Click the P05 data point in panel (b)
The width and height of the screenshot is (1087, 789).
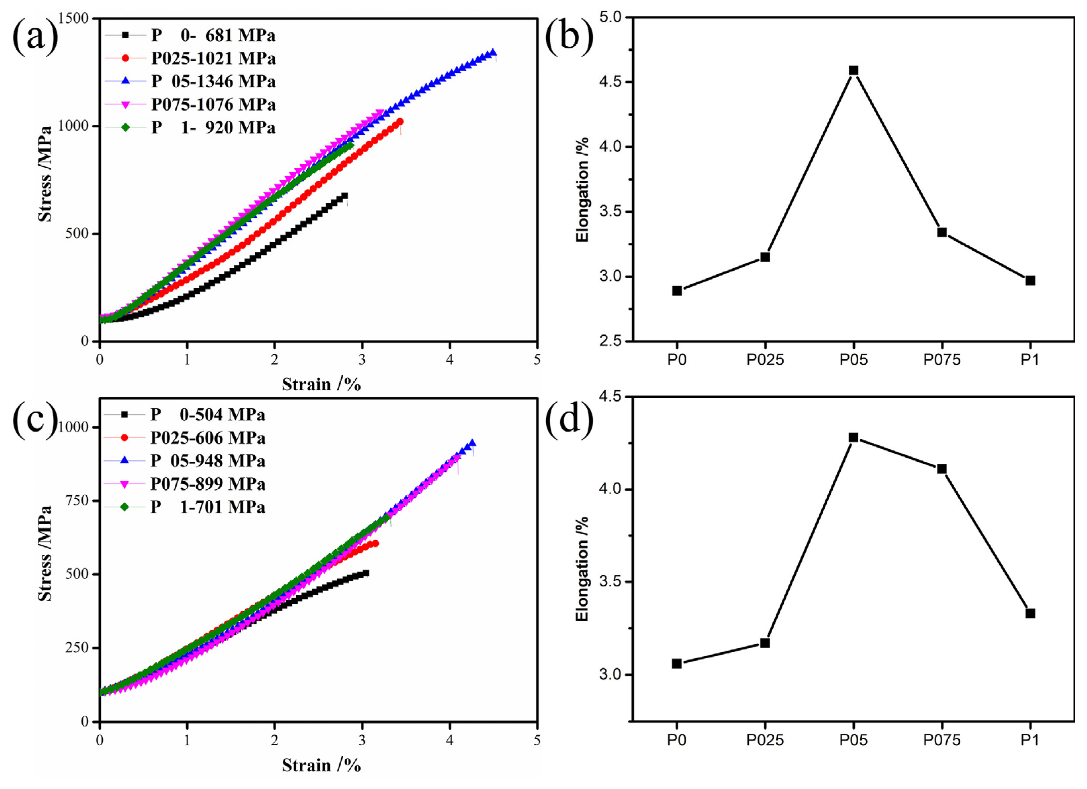click(x=853, y=71)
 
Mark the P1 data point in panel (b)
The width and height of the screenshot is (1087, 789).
click(x=1030, y=280)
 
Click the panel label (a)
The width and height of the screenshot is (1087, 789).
click(x=35, y=36)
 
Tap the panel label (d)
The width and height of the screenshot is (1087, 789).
click(x=569, y=419)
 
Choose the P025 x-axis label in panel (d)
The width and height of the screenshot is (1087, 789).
click(x=765, y=740)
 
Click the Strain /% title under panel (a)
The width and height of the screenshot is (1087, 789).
click(x=321, y=384)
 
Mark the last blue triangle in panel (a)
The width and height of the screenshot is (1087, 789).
click(x=492, y=53)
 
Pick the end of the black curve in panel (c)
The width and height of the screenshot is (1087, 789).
click(x=366, y=573)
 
